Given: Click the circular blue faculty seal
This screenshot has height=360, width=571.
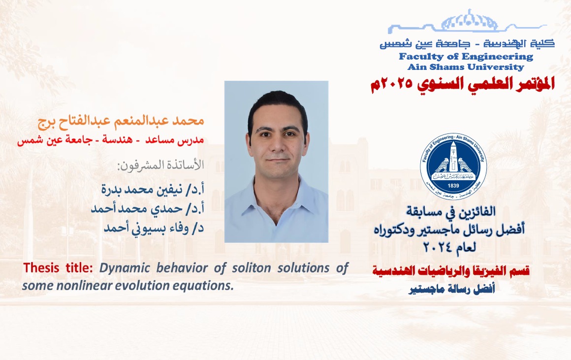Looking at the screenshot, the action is (453, 166).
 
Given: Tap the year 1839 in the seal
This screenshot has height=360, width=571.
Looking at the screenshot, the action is (453, 186).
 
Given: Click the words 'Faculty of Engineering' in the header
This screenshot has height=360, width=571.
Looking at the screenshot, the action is (466, 57).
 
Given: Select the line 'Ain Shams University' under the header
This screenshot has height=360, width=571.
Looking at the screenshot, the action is (466, 67).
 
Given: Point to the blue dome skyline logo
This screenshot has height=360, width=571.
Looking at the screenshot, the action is (467, 21).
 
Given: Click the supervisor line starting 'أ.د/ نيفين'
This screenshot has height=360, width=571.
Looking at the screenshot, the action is (153, 190).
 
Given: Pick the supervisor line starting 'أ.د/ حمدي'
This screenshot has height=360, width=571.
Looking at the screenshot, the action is (148, 208).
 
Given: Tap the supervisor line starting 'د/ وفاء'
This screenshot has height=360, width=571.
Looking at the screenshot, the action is (154, 228).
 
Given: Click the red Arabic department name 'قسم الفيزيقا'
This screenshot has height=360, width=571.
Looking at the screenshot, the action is (451, 271).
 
